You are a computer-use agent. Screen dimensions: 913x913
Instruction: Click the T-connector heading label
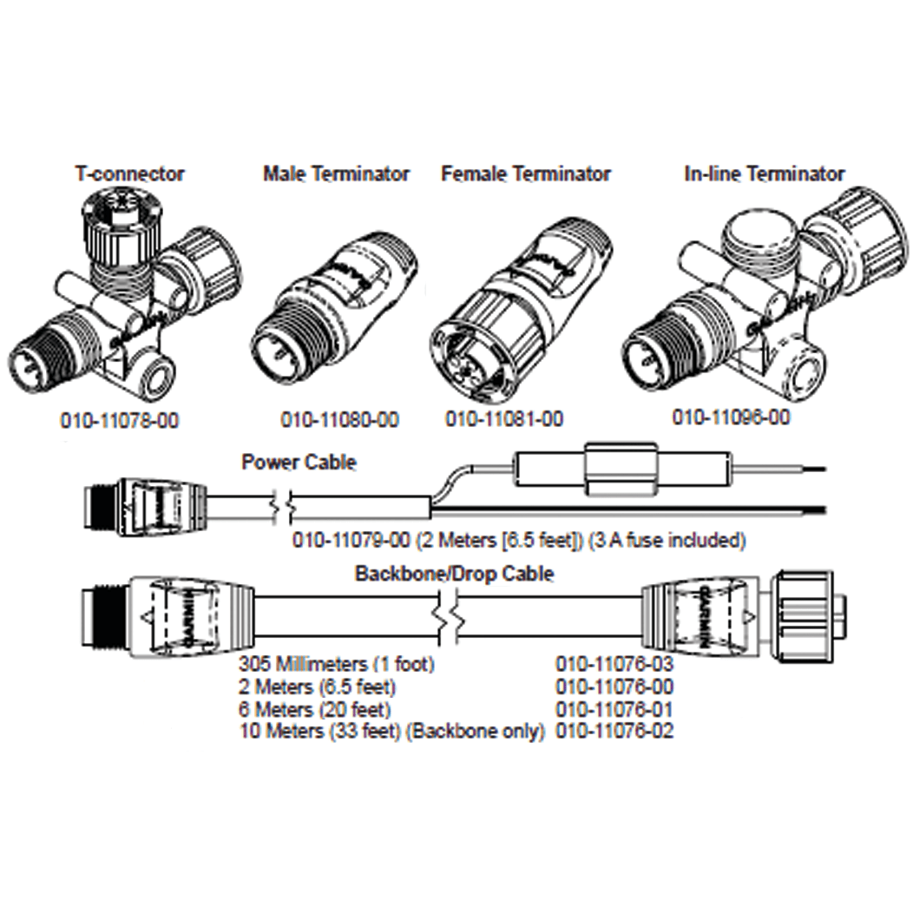pyautogui.click(x=129, y=174)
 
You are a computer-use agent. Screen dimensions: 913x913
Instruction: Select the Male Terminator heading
pyautogui.click(x=336, y=174)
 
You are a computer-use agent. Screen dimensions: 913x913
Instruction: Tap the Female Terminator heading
pyautogui.click(x=526, y=174)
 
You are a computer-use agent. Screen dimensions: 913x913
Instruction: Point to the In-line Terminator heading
pyautogui.click(x=764, y=174)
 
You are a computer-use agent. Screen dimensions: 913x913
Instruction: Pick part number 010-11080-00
pyautogui.click(x=339, y=421)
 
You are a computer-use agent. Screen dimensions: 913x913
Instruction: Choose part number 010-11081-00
pyautogui.click(x=504, y=420)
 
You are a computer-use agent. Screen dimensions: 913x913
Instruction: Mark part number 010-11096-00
pyautogui.click(x=732, y=417)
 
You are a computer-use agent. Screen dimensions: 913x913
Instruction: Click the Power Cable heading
pyautogui.click(x=298, y=462)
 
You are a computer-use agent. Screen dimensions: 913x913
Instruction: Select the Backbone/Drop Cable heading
pyautogui.click(x=454, y=574)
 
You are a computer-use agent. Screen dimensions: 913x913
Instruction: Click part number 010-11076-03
pyautogui.click(x=614, y=666)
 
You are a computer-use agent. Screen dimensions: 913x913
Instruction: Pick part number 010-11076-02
pyautogui.click(x=614, y=731)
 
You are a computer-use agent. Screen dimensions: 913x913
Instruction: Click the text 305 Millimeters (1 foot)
pyautogui.click(x=337, y=666)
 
